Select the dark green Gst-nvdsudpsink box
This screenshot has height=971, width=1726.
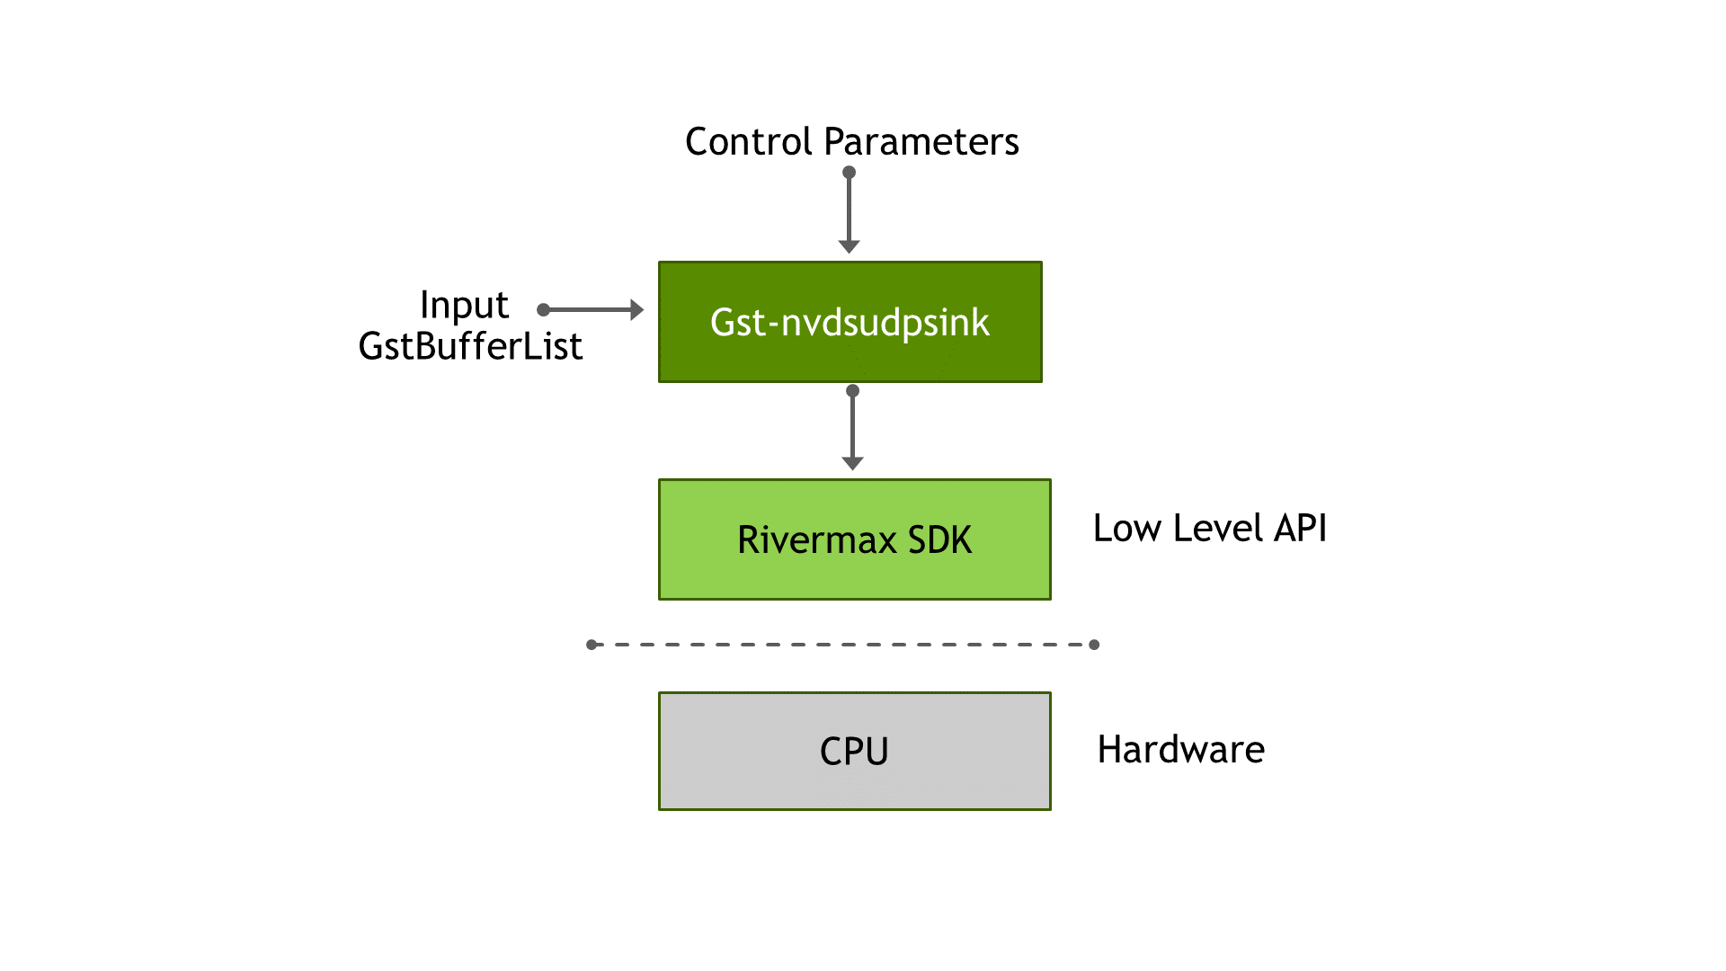pyautogui.click(x=850, y=322)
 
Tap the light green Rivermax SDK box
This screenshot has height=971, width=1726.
pyautogui.click(x=854, y=539)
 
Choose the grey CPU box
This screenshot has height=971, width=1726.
pyautogui.click(x=854, y=751)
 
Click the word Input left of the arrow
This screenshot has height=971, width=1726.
pyautogui.click(x=464, y=306)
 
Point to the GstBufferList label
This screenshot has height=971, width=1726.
pyautogui.click(x=470, y=346)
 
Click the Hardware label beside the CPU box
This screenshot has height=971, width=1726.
pyautogui.click(x=1180, y=750)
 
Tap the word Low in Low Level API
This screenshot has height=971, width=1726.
pyautogui.click(x=1127, y=529)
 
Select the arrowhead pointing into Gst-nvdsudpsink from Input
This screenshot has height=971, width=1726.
pyautogui.click(x=636, y=310)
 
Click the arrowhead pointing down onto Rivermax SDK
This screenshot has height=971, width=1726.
pyautogui.click(x=852, y=463)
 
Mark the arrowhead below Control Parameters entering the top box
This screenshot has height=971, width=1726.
pyautogui.click(x=849, y=246)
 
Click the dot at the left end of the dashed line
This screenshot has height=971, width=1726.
pyautogui.click(x=592, y=645)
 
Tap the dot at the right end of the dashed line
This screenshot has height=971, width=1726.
pyautogui.click(x=1094, y=645)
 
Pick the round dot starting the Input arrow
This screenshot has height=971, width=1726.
pyautogui.click(x=543, y=310)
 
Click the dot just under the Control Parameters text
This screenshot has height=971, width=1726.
pyautogui.click(x=849, y=172)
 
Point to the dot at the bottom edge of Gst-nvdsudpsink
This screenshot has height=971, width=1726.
pyautogui.click(x=853, y=391)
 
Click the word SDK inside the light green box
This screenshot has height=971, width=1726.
pyautogui.click(x=939, y=540)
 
